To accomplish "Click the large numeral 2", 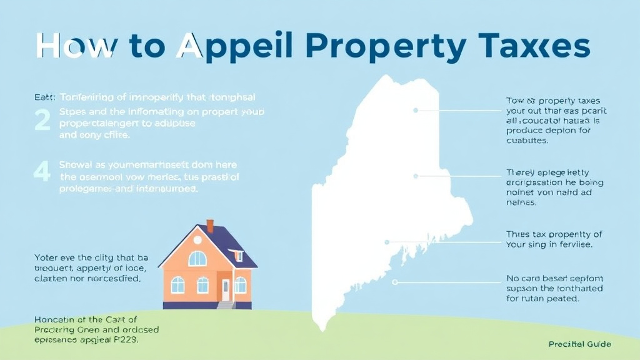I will [x=42, y=119].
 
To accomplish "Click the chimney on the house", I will [x=210, y=225].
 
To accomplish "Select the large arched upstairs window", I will [x=197, y=258].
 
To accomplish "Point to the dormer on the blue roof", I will [x=237, y=255].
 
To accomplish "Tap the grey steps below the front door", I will [x=226, y=304].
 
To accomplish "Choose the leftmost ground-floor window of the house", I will [x=177, y=285].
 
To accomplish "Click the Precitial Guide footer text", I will [x=579, y=344].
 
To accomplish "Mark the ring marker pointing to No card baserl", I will [x=394, y=282].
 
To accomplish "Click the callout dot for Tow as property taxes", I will [x=415, y=110].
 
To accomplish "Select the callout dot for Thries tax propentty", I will [x=387, y=241].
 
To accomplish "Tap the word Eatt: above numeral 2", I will [x=44, y=97].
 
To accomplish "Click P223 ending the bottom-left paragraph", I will [x=126, y=342].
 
